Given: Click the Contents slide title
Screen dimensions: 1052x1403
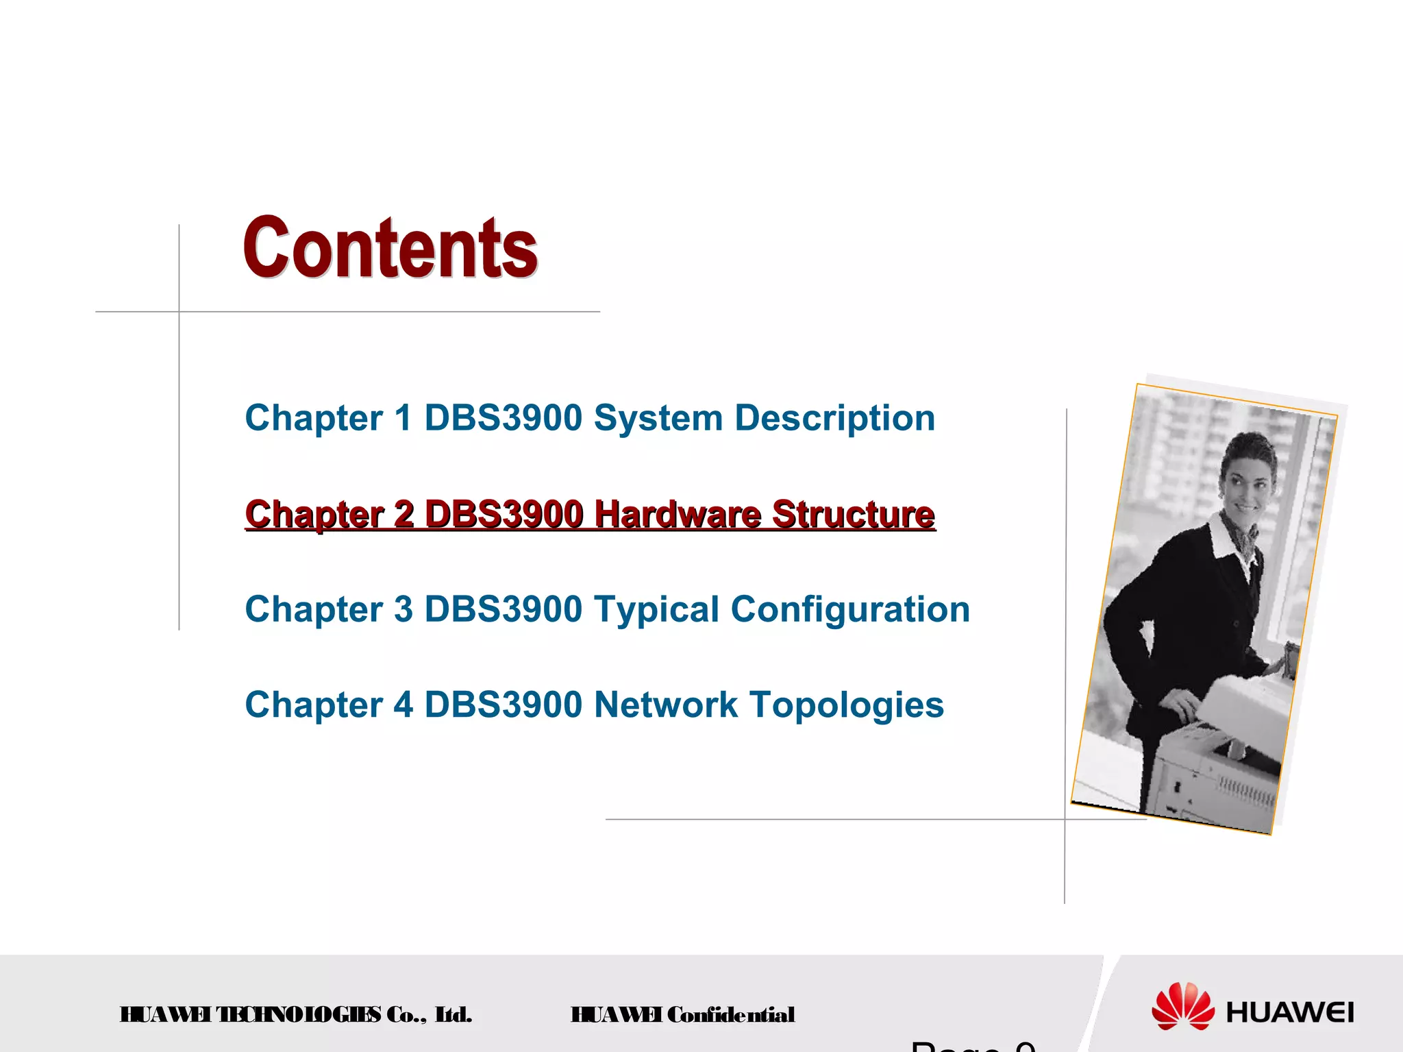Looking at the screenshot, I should pyautogui.click(x=390, y=248).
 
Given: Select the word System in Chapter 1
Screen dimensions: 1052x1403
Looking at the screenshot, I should pyautogui.click(x=658, y=418).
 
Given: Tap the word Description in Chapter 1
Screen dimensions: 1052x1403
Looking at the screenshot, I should pyautogui.click(x=834, y=418).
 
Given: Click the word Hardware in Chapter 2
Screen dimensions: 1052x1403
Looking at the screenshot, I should pyautogui.click(x=677, y=514).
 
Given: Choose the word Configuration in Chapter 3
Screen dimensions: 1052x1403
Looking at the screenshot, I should pyautogui.click(x=850, y=609).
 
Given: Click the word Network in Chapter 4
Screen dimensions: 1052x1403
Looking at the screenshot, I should pyautogui.click(x=666, y=705).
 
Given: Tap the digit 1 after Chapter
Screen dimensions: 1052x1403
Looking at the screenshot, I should pyautogui.click(x=403, y=418).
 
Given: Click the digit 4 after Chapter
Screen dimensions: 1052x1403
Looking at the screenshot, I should pyautogui.click(x=403, y=705).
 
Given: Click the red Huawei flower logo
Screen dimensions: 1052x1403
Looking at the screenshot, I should pyautogui.click(x=1182, y=1005).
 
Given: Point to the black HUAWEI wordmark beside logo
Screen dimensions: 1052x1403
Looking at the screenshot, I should pyautogui.click(x=1290, y=1012).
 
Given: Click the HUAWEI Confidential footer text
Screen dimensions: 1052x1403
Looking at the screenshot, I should pyautogui.click(x=682, y=1014).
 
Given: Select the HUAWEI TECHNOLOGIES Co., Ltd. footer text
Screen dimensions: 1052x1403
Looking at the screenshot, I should pyautogui.click(x=296, y=1014).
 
